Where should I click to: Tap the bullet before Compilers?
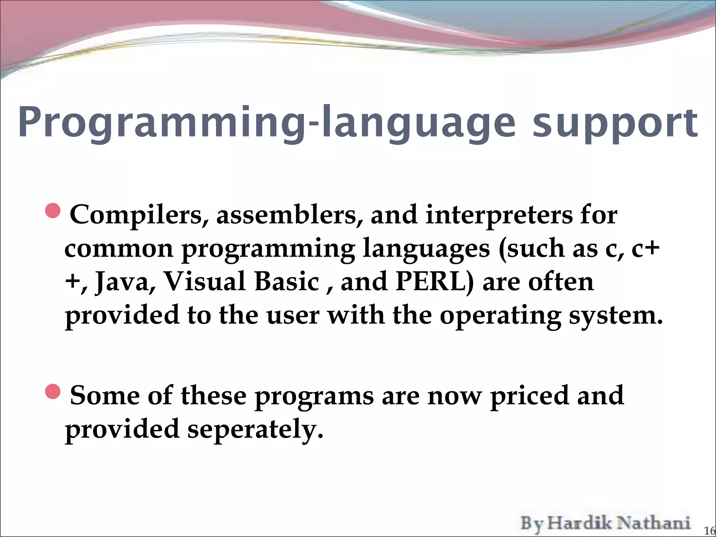(53, 211)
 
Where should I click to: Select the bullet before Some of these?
(53, 391)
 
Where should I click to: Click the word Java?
(122, 282)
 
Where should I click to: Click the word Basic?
(287, 282)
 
